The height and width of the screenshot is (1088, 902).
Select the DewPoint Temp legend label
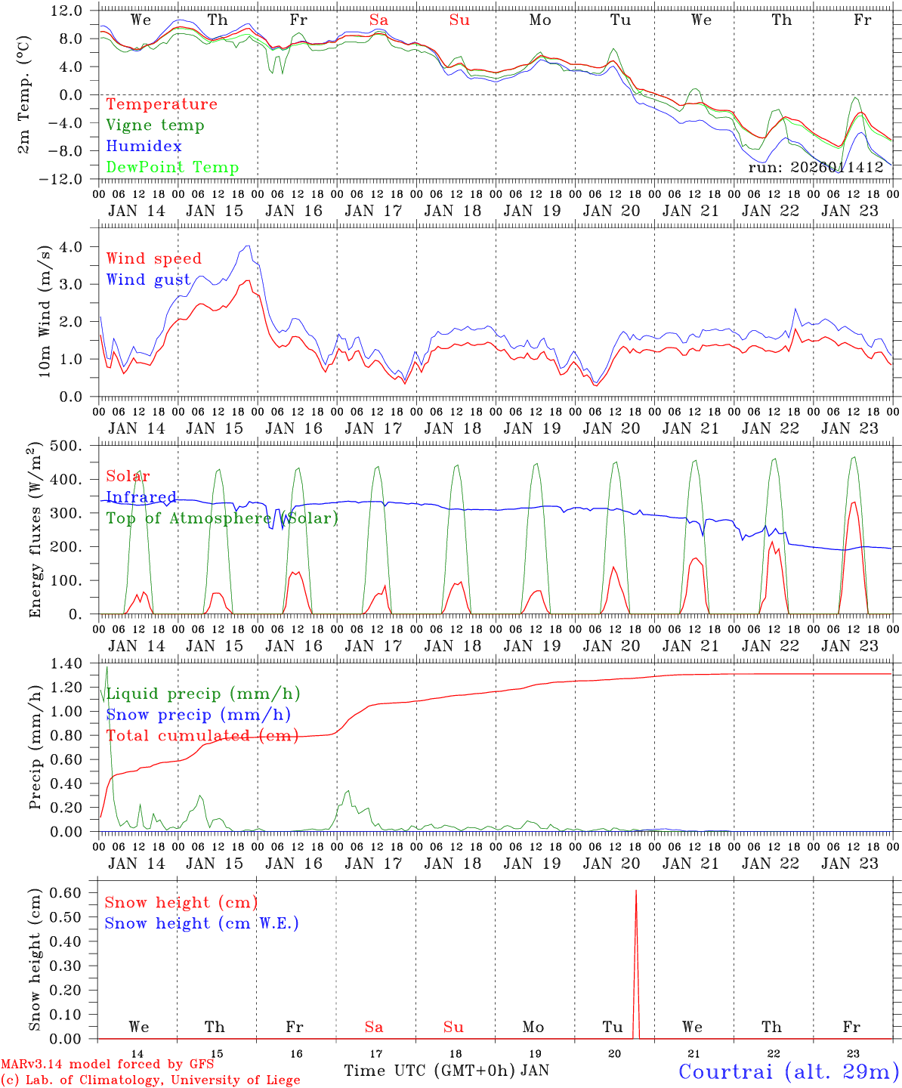[x=172, y=168]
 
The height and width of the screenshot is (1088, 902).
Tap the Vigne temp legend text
[x=155, y=125]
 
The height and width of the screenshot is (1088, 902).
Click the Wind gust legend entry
[x=148, y=280]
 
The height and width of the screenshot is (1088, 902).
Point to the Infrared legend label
[x=141, y=497]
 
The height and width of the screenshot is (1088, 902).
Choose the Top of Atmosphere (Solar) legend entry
[x=221, y=518]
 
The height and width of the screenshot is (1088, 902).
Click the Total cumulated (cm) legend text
[x=202, y=736]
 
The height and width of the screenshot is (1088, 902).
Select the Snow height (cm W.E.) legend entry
[x=202, y=923]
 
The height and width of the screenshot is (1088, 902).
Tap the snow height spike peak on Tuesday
[x=636, y=892]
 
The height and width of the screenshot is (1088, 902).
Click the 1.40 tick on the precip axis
[x=67, y=663]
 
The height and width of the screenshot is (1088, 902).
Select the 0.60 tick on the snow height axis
[x=67, y=892]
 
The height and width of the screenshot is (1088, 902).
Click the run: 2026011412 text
[x=815, y=168]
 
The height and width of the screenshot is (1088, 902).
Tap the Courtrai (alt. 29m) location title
[x=789, y=1071]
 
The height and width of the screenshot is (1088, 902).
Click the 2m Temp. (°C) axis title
[x=24, y=94]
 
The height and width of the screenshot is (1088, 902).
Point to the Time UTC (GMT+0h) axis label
[x=430, y=1071]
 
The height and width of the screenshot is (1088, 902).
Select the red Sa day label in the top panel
[x=378, y=20]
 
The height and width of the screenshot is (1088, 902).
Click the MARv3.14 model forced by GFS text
[x=107, y=1065]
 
